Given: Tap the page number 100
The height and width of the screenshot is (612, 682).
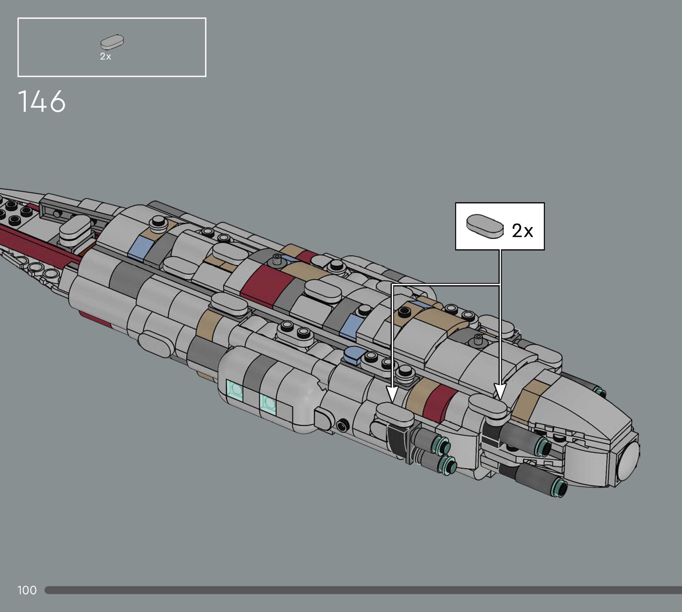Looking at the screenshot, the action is click(27, 590).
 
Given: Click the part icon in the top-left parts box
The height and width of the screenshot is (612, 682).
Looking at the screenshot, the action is click(112, 42).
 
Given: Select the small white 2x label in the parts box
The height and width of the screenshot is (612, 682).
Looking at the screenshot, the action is click(105, 57).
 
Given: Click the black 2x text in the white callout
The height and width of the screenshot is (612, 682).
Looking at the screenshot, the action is click(522, 231).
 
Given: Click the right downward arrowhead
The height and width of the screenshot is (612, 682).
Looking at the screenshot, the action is click(500, 392).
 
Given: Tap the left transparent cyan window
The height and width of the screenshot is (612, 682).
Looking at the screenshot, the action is click(235, 390).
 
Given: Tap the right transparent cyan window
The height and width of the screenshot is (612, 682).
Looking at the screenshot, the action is click(268, 404).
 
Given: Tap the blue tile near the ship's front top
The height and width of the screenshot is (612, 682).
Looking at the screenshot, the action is click(139, 247).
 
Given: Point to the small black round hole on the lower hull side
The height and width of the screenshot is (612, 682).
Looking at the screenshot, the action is click(343, 426).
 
